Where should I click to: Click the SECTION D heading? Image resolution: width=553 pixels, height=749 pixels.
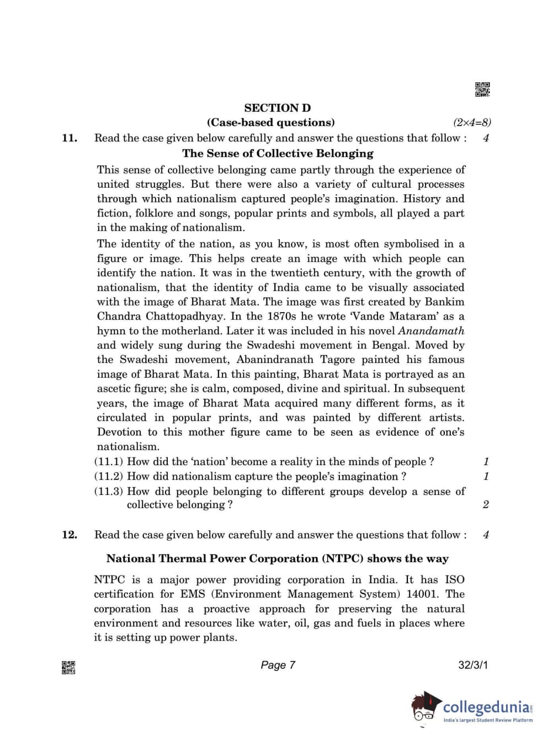277,108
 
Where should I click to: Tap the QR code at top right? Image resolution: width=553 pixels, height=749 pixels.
482,89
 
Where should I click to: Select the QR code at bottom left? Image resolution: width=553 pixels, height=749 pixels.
68,668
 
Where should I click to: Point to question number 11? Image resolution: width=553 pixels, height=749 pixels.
70,138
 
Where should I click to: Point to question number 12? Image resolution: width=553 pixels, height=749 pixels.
70,535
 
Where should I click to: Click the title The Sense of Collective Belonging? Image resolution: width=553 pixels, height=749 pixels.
278,154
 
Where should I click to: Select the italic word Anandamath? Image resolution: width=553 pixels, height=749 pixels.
431,331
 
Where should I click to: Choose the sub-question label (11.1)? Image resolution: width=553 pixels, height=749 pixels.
108,462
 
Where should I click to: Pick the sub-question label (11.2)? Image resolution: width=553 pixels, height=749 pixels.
108,477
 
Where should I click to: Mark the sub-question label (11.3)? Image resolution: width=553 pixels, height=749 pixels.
108,492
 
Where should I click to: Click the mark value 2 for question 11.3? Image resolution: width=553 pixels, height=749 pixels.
486,504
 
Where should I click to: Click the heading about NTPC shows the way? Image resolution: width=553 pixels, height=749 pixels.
277,558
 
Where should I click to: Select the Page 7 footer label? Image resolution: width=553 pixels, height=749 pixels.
278,665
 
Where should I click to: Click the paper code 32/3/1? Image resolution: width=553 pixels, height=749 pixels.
473,665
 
